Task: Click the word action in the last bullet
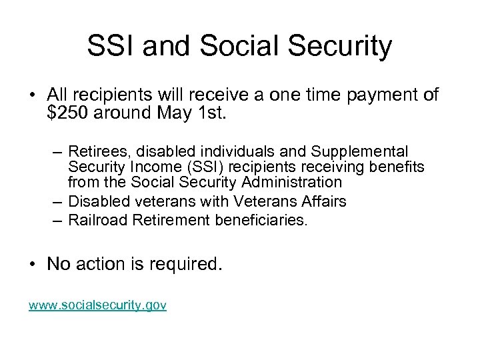102,264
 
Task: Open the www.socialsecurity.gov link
97,305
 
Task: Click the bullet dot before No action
33,265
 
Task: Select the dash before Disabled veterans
57,201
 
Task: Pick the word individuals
223,152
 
